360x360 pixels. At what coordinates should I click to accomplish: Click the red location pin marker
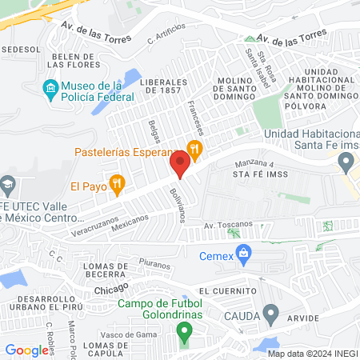tap(180, 165)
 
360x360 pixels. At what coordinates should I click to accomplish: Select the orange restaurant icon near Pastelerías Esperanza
tap(193, 147)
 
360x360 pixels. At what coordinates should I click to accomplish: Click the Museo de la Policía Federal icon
tap(51, 86)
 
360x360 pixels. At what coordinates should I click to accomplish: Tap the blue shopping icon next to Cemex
tap(245, 256)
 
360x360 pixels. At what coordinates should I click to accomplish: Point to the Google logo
tap(26, 350)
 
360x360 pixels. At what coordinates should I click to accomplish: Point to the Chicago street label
tap(111, 287)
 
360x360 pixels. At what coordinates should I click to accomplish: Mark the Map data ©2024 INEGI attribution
tap(313, 354)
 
